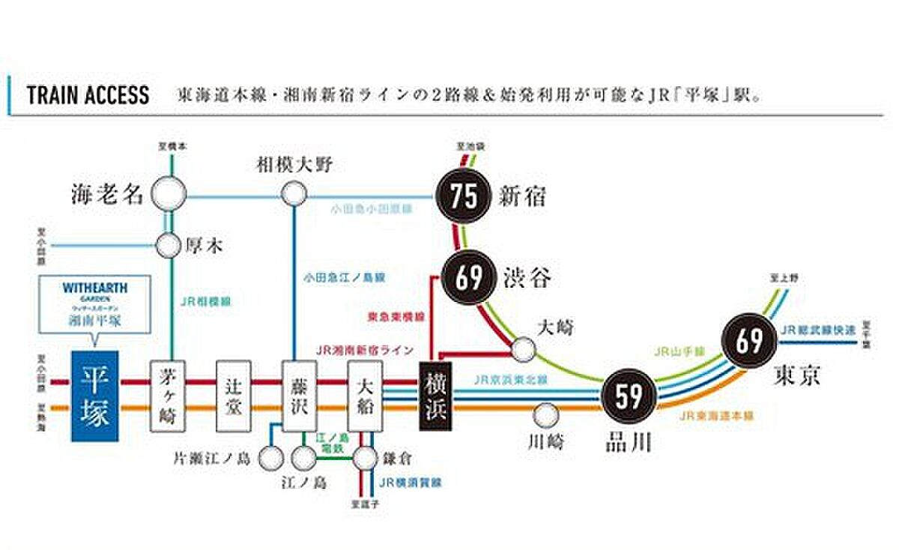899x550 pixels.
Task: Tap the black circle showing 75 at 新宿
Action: point(464,197)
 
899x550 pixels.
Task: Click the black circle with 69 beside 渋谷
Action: point(469,276)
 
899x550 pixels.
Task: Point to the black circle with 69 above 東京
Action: point(748,341)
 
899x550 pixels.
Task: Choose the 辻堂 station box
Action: point(234,396)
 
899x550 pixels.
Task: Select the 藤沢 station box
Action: point(300,396)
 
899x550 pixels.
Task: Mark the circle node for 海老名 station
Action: point(169,196)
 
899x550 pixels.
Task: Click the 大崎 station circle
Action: point(524,348)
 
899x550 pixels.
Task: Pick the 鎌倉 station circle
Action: point(365,457)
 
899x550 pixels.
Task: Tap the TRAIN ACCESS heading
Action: point(88,96)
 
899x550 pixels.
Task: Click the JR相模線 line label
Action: point(205,302)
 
